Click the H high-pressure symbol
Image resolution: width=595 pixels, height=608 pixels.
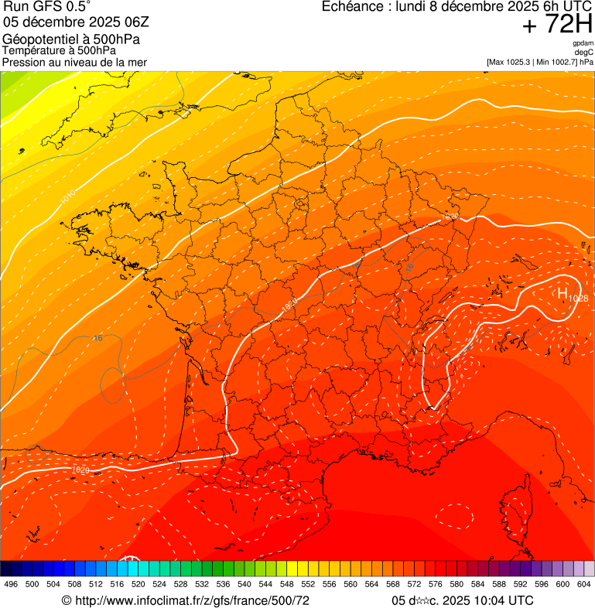click(x=562, y=292)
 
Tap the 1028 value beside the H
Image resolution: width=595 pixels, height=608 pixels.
click(x=578, y=298)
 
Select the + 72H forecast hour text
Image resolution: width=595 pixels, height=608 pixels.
click(x=557, y=25)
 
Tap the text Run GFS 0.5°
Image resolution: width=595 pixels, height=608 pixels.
click(x=47, y=7)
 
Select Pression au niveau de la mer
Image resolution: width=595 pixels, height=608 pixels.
click(x=74, y=62)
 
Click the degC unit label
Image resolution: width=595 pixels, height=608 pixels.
click(x=584, y=53)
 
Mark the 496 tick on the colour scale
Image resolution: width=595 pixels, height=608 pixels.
click(x=11, y=584)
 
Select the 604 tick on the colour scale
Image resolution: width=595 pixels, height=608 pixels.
click(x=584, y=584)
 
